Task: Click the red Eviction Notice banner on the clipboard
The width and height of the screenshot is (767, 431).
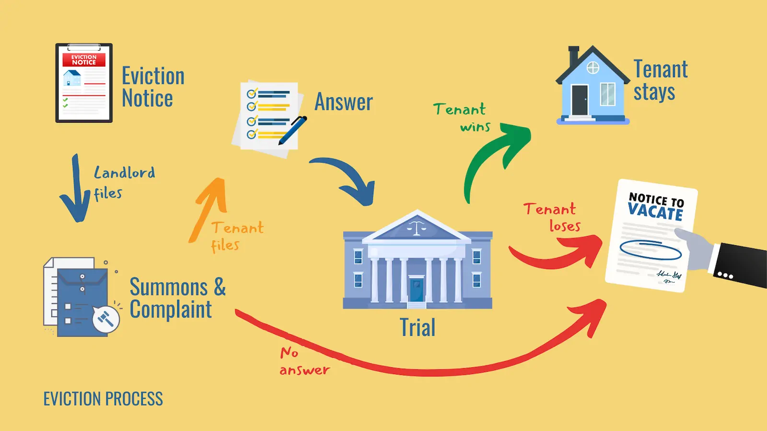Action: point(84,60)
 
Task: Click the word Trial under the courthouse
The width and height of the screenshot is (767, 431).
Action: point(418,328)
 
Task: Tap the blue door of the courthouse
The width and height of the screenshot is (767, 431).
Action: point(416,289)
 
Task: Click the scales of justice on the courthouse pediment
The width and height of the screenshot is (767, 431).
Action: point(416,227)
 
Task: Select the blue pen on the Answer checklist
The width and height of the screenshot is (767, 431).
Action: point(292,130)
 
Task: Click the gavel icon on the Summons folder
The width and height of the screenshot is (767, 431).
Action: point(105,318)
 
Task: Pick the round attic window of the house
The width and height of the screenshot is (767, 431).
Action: point(593,68)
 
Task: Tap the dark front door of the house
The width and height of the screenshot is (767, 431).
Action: point(580,100)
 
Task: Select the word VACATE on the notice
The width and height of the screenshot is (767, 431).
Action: point(655,211)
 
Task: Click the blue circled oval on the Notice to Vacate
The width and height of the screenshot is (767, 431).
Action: point(651,250)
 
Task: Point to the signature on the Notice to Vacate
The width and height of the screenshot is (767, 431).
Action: point(669,276)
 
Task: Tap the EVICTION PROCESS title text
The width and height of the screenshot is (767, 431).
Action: point(103,399)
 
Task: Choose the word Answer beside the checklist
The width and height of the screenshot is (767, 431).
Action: point(344,102)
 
